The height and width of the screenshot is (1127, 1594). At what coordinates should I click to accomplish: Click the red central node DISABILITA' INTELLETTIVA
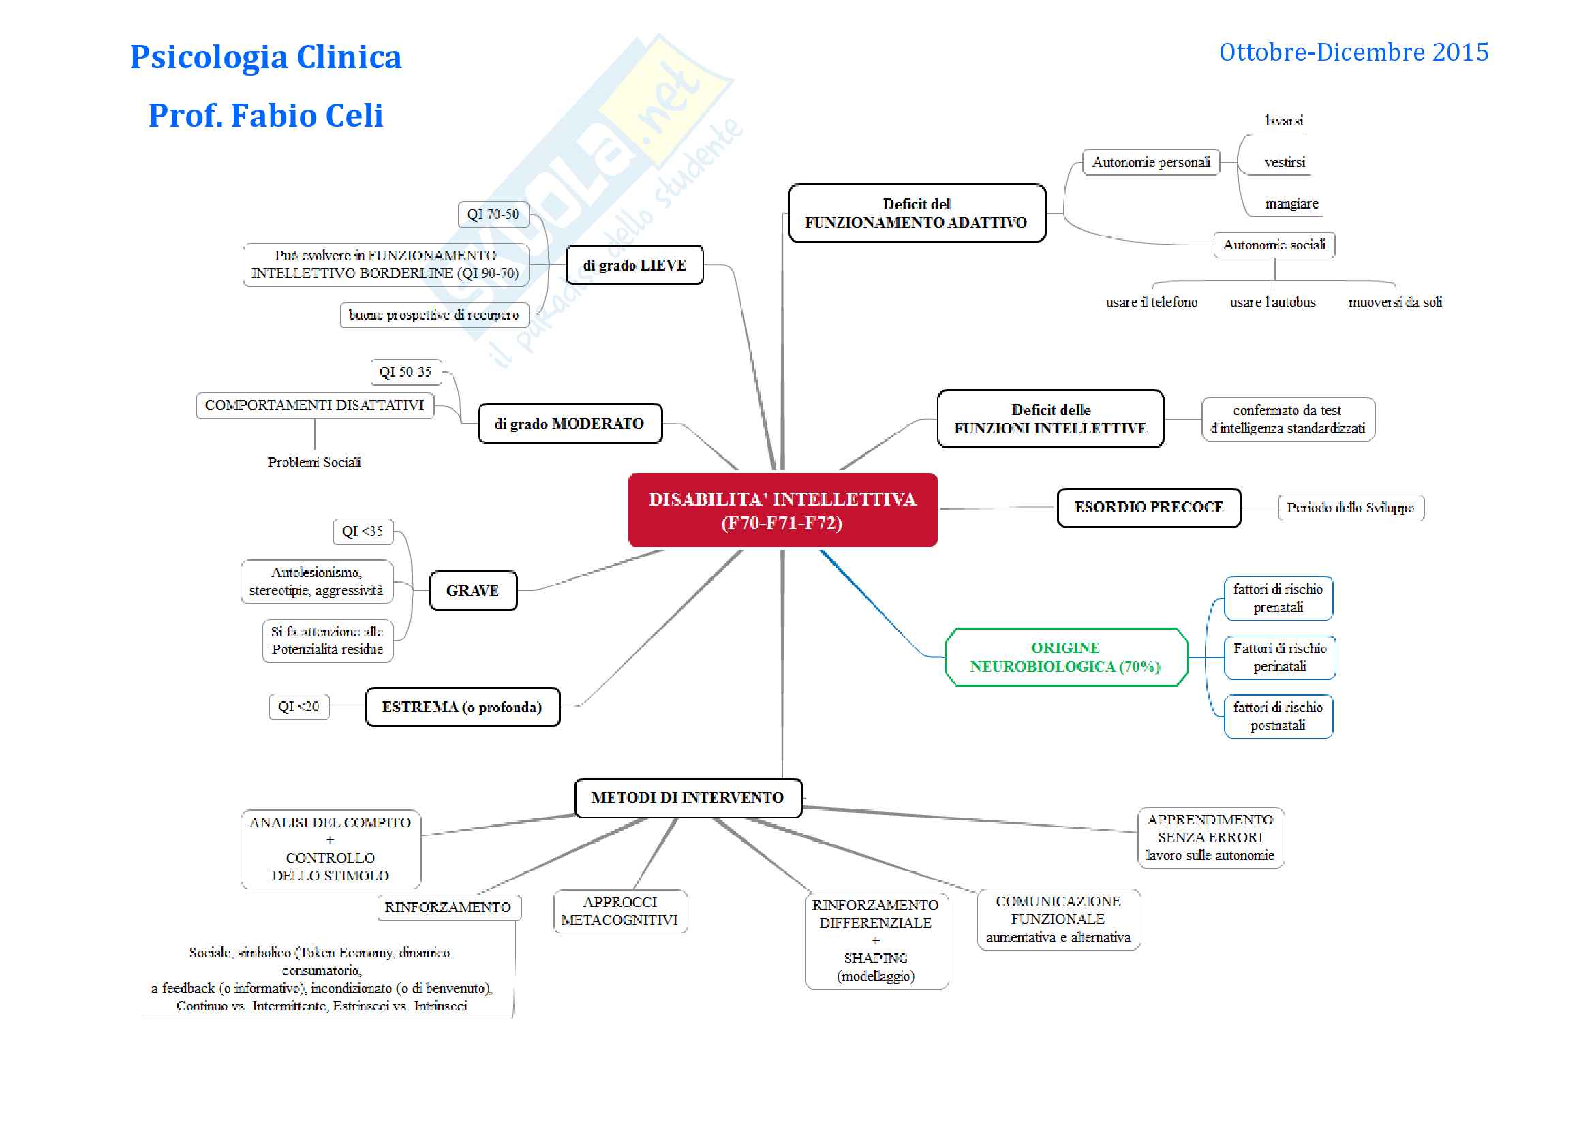pos(782,510)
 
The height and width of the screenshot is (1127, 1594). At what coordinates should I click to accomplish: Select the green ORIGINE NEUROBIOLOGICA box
pos(1065,657)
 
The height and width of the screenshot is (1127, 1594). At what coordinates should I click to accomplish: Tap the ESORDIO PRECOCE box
pos(1148,508)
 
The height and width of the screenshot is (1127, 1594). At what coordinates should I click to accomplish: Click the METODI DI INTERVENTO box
pos(688,797)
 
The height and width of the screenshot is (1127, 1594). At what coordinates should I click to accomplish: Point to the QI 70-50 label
pos(493,215)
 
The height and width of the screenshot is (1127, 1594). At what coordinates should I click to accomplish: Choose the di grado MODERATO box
pos(569,423)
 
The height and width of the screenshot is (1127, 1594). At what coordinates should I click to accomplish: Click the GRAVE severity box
pos(473,591)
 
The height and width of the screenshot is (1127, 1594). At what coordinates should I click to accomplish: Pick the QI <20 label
pos(298,707)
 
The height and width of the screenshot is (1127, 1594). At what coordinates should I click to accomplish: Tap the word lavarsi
pos(1284,121)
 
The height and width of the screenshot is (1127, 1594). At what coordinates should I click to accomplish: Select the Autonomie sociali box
pos(1273,245)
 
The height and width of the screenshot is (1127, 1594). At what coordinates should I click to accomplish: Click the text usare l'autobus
pos(1272,302)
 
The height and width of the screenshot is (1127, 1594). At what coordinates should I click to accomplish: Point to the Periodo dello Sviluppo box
pos(1349,508)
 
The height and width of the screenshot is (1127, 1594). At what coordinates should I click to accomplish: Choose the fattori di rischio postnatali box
pos(1277,716)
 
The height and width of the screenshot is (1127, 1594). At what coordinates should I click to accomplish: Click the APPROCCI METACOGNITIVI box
pos(619,910)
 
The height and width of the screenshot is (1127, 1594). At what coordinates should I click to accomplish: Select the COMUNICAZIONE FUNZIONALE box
pos(1058,918)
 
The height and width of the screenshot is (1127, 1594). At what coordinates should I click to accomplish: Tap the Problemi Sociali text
pos(313,462)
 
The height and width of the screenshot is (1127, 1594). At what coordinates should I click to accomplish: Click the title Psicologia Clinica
pos(266,57)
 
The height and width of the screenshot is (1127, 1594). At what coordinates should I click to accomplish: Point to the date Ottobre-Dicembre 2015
pos(1353,52)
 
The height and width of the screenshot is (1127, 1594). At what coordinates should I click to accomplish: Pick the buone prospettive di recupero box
pos(433,315)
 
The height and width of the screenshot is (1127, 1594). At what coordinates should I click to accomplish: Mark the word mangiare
pos(1291,204)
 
